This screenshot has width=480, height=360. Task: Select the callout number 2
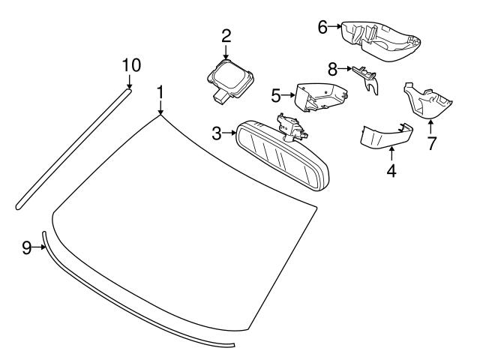tap(226, 34)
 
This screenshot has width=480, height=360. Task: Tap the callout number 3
tap(217, 134)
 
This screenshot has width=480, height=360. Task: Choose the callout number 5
tap(275, 96)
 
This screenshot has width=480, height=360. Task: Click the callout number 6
tap(322, 27)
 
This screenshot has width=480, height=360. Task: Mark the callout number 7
tap(431, 142)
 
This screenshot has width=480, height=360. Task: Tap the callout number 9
tap(26, 247)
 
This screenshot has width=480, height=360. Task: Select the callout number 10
tap(130, 65)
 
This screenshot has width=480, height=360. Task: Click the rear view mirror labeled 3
tap(281, 159)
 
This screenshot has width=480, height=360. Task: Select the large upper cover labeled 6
tap(379, 39)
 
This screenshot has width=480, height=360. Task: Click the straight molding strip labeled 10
tap(71, 150)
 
